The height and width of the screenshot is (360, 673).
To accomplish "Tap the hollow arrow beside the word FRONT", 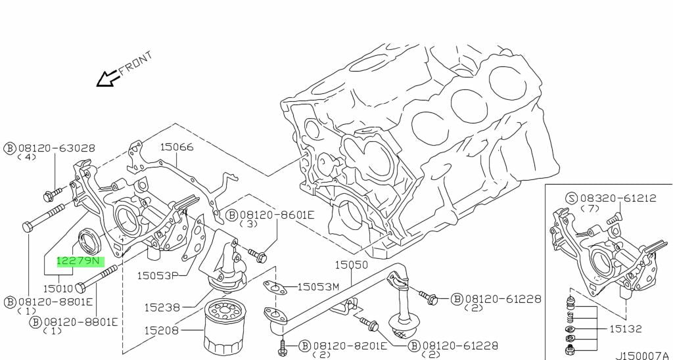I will [106, 79].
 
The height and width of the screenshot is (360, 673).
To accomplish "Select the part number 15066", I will [177, 147].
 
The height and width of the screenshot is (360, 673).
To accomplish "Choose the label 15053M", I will [317, 287].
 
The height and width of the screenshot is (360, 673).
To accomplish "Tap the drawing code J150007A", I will [643, 355].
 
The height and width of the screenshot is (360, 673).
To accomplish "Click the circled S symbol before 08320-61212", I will [571, 198].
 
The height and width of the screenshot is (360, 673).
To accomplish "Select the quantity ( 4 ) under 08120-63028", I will [27, 158].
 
